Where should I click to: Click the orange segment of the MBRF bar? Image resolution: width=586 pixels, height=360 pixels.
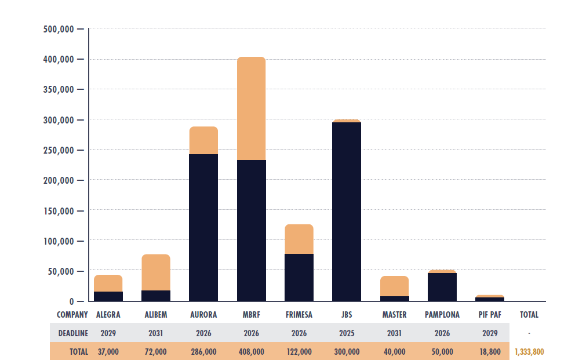click(x=251, y=108)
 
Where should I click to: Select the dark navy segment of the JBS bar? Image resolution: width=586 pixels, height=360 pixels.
click(x=346, y=212)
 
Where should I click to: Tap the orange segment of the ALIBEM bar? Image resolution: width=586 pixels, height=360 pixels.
click(x=156, y=272)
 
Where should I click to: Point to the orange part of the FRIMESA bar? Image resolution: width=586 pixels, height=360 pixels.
click(x=299, y=239)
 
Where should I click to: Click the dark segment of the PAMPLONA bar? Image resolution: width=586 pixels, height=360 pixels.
click(x=442, y=286)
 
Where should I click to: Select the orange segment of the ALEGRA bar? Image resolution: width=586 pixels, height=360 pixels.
click(x=108, y=283)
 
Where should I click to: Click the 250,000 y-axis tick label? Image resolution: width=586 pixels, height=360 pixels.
click(x=58, y=150)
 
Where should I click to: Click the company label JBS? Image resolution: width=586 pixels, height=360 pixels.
click(x=346, y=315)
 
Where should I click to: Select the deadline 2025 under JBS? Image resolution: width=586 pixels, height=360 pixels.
click(x=346, y=333)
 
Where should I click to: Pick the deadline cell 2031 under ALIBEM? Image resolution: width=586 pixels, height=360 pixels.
click(x=156, y=333)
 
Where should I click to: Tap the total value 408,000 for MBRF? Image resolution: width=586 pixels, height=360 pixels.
click(x=251, y=352)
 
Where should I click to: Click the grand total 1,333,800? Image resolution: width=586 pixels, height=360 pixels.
click(x=529, y=352)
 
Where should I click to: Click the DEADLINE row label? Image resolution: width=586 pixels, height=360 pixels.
click(x=73, y=333)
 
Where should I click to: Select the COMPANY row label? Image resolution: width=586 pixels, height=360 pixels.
click(x=72, y=315)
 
